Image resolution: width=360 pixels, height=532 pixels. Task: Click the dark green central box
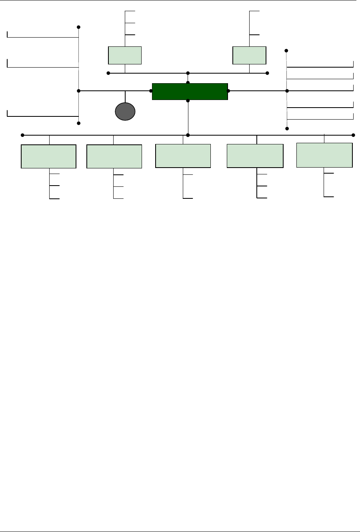(190, 91)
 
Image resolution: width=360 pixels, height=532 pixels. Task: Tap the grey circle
(125, 112)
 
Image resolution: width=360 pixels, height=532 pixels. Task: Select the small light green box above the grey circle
(125, 55)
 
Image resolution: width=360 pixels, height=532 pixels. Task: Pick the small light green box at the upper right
(249, 55)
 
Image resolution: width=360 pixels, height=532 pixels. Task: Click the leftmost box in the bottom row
(48, 156)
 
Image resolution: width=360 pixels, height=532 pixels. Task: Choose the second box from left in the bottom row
(114, 156)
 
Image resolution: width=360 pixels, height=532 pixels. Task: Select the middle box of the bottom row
(183, 156)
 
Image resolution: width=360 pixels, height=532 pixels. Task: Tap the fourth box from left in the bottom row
(255, 156)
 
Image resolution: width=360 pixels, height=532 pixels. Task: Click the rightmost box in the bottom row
(324, 155)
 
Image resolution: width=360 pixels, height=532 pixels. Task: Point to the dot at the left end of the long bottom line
(22, 135)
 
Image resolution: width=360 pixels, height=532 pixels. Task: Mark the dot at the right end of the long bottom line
(353, 135)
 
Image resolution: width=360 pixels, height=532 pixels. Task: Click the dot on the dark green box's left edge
(151, 91)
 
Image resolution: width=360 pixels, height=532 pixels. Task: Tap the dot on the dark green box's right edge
(228, 91)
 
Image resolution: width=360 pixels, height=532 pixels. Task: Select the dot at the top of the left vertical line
(79, 27)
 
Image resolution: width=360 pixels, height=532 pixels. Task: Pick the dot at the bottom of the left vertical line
(79, 123)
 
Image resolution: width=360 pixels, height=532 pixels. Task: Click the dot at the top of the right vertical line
(286, 51)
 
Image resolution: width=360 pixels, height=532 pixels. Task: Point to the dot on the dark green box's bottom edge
(188, 101)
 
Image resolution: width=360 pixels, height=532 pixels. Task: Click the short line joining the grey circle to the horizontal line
(125, 97)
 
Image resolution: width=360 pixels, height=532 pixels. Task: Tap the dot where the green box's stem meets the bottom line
(188, 135)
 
